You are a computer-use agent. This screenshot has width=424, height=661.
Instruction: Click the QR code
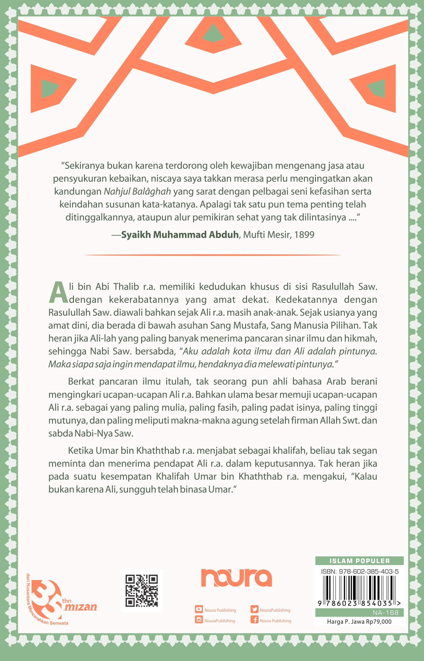[142, 590]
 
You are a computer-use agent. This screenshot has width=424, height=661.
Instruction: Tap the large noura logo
[236, 578]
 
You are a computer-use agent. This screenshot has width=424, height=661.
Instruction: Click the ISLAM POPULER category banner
[359, 561]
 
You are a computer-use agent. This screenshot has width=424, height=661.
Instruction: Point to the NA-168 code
[385, 612]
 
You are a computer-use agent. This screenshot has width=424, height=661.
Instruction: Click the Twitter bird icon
[254, 609]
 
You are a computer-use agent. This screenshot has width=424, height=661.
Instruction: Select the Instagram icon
[199, 620]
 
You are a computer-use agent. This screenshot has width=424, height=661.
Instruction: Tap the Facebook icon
[254, 620]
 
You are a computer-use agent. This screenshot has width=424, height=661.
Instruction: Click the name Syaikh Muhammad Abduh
[180, 235]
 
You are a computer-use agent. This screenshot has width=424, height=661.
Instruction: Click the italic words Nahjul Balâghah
[137, 191]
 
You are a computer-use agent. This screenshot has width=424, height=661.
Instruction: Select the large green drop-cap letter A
[58, 293]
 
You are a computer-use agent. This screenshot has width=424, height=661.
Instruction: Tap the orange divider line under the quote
[213, 255]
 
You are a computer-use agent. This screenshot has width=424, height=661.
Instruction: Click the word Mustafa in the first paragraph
[250, 325]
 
